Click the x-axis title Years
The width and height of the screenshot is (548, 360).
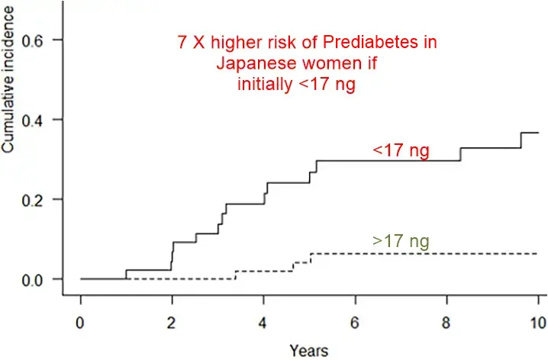click(308, 351)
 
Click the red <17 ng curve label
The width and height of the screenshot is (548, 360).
click(401, 151)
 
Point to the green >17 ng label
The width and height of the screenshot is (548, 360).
click(401, 242)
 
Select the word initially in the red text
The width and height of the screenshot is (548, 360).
click(264, 84)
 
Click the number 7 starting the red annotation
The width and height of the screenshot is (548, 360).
click(182, 43)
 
